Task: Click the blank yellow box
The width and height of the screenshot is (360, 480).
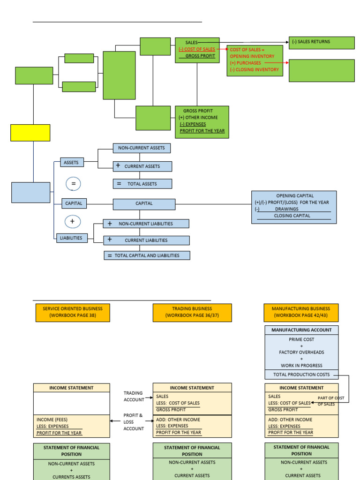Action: click(30, 133)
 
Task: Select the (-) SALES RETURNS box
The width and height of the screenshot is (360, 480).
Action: click(321, 42)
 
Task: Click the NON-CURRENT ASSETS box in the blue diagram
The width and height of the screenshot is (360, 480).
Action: click(142, 148)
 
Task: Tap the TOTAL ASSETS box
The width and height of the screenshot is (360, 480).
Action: click(142, 184)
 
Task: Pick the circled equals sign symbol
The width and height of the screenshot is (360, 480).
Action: click(73, 184)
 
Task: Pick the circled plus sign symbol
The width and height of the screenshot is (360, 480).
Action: click(73, 221)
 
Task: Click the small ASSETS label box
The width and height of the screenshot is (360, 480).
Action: click(72, 163)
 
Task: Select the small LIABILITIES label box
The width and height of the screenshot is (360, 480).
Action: click(71, 238)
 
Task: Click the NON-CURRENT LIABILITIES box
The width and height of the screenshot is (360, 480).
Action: click(146, 224)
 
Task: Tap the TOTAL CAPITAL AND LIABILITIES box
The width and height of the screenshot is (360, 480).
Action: click(147, 255)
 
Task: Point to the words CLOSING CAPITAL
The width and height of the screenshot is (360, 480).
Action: click(292, 216)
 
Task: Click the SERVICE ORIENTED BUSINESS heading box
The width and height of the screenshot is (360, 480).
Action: click(73, 313)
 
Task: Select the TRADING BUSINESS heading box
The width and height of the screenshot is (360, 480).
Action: click(192, 313)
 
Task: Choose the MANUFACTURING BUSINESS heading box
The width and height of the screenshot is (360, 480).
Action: click(301, 313)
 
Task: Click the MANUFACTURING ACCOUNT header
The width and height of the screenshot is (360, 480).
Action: click(301, 330)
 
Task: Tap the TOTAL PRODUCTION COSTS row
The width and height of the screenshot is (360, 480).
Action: click(301, 375)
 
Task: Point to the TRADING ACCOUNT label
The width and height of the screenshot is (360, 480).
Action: click(134, 397)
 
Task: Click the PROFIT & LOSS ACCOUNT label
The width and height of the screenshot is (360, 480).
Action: click(134, 422)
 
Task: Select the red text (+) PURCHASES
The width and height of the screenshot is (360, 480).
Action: click(246, 63)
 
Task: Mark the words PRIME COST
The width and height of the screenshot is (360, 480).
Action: click(301, 339)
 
